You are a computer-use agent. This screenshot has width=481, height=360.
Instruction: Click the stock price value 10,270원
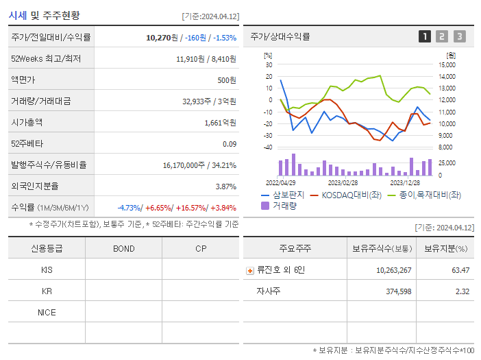tap(162, 38)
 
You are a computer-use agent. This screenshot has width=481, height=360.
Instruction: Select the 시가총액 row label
tap(27, 123)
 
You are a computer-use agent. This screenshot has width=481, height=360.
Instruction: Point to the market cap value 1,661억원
tap(220, 123)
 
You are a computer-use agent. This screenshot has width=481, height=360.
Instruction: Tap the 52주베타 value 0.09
tap(229, 144)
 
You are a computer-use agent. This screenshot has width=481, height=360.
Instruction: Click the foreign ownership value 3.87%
tap(225, 187)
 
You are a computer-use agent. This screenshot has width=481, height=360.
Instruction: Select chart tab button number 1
tap(425, 37)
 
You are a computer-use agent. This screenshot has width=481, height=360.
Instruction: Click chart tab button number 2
tap(442, 37)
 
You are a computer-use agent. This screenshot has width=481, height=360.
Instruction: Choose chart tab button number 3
tap(459, 37)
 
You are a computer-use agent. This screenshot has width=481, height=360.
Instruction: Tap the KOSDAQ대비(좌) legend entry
tap(345, 195)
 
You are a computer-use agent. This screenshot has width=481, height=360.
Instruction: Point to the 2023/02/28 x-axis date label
tap(343, 182)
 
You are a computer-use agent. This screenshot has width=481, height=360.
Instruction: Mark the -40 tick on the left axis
tap(268, 147)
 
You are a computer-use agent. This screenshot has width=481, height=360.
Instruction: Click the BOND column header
tap(123, 248)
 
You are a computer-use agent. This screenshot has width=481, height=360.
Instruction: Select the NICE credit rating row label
tap(47, 312)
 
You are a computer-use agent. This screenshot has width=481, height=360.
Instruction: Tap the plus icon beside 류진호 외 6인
tap(249, 270)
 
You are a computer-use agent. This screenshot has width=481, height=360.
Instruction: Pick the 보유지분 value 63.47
tap(460, 270)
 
